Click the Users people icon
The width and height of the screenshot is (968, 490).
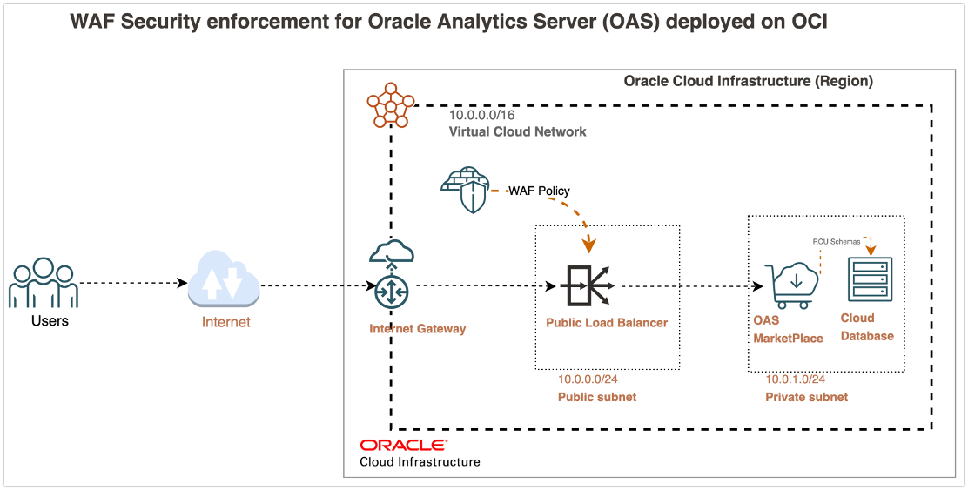44,282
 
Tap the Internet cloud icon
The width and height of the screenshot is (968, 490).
224,280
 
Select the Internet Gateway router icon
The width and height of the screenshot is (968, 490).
392,291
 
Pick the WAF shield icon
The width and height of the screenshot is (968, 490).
464,191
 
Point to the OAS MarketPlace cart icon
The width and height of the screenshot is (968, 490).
790,281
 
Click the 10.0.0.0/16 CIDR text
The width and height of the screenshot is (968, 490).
487,115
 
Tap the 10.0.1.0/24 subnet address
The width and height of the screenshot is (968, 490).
795,379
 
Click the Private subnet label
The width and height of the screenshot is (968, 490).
806,397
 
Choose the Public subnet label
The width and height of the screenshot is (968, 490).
596,397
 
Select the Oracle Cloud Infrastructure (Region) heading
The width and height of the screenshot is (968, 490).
748,81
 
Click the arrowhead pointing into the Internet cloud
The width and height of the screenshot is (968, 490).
184,283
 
